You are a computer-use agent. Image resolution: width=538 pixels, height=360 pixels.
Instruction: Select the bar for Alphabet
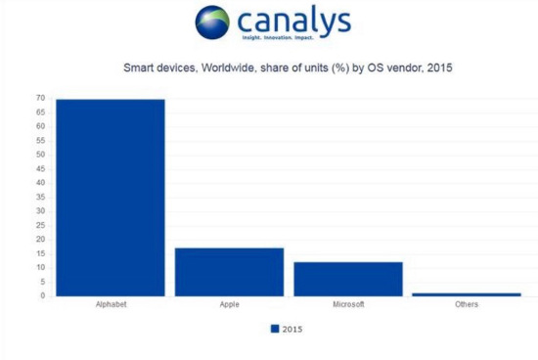(x=110, y=197)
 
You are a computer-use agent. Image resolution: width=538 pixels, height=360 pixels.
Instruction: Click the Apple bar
(x=229, y=271)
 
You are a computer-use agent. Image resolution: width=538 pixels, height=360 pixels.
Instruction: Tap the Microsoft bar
(x=347, y=278)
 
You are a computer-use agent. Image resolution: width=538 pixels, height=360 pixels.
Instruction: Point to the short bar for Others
(x=466, y=293)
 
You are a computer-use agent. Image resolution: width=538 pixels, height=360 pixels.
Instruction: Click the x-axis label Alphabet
(x=110, y=305)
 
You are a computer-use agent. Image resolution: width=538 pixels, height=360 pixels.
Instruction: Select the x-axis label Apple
(x=229, y=305)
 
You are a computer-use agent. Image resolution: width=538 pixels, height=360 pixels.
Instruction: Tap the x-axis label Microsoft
(x=347, y=305)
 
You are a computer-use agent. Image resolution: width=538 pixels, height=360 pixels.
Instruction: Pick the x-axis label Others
(x=466, y=305)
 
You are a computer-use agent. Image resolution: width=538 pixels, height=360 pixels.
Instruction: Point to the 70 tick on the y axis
(x=41, y=98)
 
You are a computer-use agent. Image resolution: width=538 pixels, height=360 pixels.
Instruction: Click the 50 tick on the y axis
(x=41, y=155)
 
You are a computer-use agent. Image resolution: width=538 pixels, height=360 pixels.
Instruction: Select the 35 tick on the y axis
(x=41, y=197)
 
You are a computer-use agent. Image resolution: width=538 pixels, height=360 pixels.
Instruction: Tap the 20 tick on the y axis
(x=41, y=239)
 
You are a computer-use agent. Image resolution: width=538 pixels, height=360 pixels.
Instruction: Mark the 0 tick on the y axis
(x=43, y=295)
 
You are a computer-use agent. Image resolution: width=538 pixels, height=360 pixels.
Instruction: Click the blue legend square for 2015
(x=275, y=329)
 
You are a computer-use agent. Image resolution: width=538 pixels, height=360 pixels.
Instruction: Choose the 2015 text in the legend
(x=292, y=329)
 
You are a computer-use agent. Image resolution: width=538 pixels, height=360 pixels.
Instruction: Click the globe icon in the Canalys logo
(x=212, y=22)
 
